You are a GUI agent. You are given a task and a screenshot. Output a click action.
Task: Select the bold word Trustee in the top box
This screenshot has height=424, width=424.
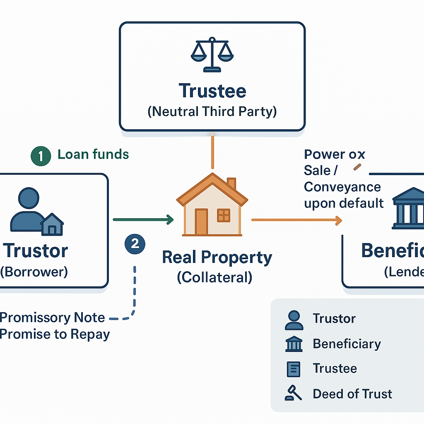coord(212,91)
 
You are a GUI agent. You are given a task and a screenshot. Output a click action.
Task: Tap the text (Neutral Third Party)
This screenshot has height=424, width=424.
coord(212,111)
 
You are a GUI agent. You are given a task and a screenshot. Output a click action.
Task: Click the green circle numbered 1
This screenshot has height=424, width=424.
coord(41,156)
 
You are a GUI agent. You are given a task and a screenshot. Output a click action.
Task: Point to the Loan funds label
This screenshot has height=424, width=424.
coord(93,155)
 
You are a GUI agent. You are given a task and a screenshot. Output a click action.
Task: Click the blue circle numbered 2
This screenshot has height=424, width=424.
coord(135,243)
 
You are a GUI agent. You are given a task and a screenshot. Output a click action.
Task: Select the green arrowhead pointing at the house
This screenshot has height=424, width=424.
coord(169,220)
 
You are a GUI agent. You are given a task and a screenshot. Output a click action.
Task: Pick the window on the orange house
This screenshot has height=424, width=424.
coord(224,215)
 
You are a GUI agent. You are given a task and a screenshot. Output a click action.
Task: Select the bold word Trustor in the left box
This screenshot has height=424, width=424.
coord(36,251)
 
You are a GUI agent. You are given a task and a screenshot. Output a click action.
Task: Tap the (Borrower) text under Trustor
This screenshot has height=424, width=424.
coord(34,272)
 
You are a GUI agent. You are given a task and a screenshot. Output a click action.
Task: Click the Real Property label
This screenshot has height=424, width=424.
coord(217,258)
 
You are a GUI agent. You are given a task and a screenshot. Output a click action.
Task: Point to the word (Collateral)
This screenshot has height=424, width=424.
coord(214,277)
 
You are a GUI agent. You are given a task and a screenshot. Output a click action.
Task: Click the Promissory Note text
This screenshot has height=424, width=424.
coord(53,318)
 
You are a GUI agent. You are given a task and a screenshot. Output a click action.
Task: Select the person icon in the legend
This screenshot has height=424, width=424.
coord(294,320)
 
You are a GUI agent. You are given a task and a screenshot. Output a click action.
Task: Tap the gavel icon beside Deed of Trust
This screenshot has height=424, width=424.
coord(293,393)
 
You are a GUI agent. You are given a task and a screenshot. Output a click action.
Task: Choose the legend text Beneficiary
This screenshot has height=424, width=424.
coord(347,344)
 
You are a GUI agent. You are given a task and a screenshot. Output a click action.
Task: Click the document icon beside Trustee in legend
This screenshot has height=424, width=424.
coord(294,369)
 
